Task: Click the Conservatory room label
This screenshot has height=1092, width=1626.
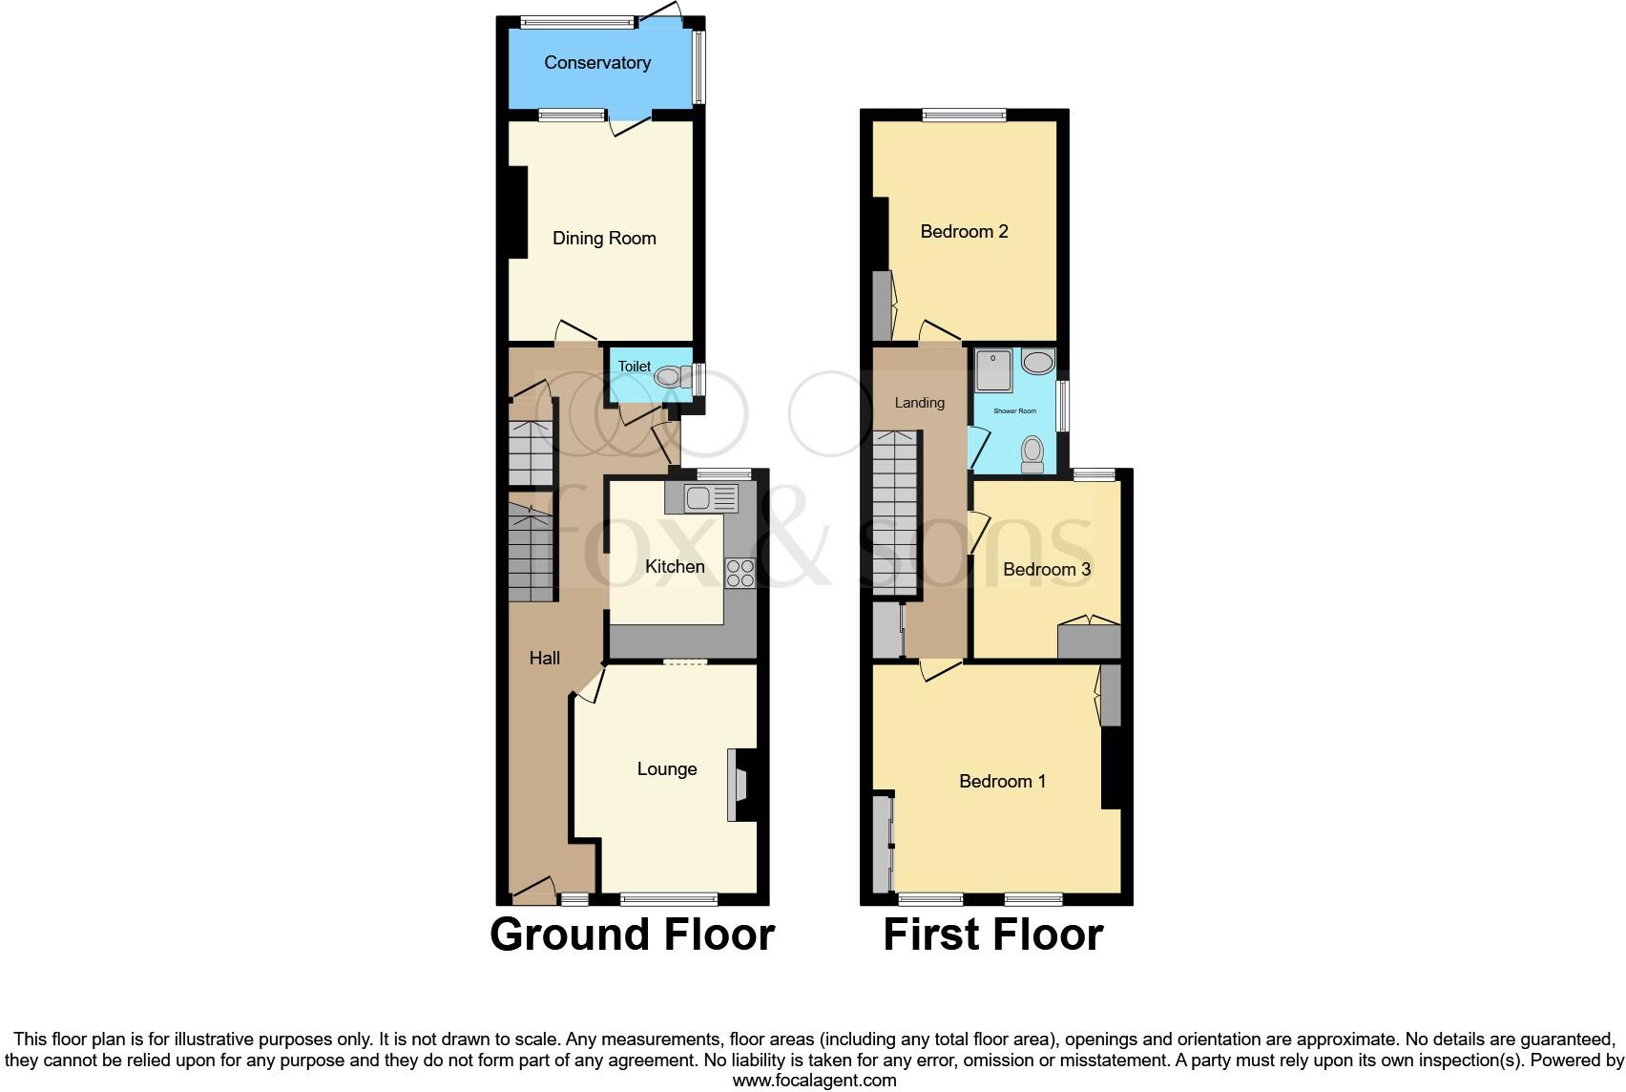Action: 597,63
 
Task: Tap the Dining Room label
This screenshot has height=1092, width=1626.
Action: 604,239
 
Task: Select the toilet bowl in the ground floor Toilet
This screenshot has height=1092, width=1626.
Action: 671,377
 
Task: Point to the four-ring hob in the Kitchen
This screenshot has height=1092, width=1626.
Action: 740,573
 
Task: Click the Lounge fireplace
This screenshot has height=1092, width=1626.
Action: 740,785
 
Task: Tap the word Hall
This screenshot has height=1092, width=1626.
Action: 545,658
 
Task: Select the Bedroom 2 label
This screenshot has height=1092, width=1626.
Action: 964,232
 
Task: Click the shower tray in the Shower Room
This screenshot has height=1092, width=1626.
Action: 994,370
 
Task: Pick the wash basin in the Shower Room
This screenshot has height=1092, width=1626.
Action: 1037,362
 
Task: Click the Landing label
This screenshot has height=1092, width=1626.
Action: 919,403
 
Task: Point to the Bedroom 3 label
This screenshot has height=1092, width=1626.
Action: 1047,570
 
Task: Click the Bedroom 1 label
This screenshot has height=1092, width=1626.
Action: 1002,782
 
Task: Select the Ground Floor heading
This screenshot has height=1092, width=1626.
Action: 632,934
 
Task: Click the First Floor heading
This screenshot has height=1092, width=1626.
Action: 992,934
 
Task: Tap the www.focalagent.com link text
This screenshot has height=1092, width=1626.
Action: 814,1081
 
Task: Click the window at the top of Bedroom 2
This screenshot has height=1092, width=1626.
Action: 964,115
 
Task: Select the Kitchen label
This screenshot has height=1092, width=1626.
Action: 675,567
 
